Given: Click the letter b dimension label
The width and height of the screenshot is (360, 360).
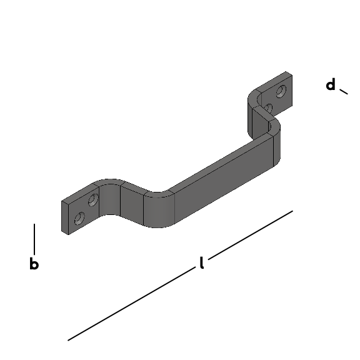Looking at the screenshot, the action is pos(34,264).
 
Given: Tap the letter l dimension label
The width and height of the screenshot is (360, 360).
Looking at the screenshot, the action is pos(202,262).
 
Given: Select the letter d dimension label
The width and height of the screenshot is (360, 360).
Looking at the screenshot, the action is pos(331,84).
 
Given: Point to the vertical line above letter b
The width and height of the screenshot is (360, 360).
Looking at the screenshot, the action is pos(34,239).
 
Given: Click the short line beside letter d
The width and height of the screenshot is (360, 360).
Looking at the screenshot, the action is pos(344,92).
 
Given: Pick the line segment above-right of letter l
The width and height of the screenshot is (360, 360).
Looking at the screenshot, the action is pos(251,235).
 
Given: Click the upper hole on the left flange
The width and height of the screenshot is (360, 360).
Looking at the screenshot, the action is pos(93,200).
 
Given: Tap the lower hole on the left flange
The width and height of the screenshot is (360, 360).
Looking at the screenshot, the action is pos(79,218).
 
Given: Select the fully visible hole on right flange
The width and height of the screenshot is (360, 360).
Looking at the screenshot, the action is pos(281,91).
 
